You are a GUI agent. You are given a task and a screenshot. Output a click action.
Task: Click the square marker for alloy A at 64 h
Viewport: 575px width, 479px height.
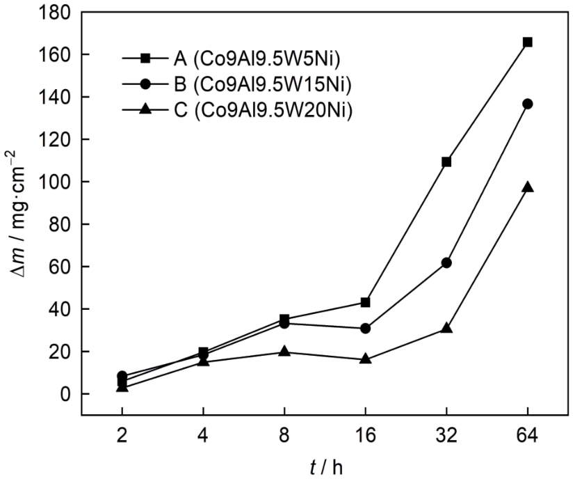point(528,42)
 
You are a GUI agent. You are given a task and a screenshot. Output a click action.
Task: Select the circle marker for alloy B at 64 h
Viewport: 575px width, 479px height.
point(528,104)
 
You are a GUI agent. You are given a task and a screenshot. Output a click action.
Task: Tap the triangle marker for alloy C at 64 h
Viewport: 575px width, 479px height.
point(528,187)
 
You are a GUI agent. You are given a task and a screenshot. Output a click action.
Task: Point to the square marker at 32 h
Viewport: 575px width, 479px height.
point(446,162)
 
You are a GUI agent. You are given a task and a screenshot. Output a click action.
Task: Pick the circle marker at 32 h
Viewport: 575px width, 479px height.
point(446,262)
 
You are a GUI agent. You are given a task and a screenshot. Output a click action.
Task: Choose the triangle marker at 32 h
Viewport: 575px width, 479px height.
point(446,328)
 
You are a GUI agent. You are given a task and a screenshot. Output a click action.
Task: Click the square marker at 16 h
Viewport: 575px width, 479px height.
point(365,302)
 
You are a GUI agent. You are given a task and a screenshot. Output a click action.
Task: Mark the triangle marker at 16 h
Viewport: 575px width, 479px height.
point(365,359)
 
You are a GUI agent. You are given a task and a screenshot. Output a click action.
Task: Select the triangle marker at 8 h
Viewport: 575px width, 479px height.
point(284,352)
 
